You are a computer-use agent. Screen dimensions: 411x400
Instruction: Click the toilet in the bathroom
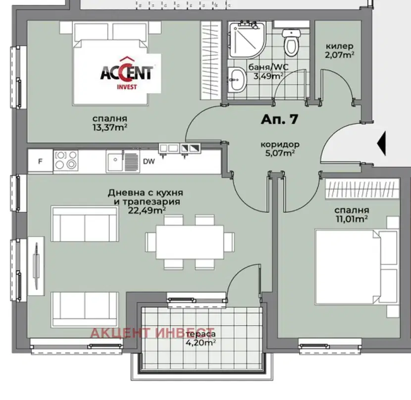tap(291, 43)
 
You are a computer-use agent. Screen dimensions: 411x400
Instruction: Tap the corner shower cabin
tap(247, 40)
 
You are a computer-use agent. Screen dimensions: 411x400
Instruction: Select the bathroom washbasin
tap(237, 80)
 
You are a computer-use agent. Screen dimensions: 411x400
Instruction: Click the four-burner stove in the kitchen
tap(66, 161)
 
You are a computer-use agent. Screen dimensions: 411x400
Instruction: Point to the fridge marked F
tap(41, 161)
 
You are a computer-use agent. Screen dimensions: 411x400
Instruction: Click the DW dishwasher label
tap(149, 161)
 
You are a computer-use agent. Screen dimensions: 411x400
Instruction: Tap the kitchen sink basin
tap(115, 161)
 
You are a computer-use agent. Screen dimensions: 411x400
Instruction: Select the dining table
tap(190, 242)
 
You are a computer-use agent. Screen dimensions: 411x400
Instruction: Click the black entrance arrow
tap(381, 144)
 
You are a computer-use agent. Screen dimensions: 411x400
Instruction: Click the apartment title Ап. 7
tap(279, 119)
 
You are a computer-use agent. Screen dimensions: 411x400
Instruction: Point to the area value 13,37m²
tap(110, 127)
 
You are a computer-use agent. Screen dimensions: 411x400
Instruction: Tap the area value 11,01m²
tap(352, 219)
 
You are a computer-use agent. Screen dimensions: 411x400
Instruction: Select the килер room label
tap(339, 47)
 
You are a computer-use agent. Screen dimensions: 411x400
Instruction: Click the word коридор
tap(280, 145)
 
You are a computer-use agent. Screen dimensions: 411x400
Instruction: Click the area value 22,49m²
tap(147, 210)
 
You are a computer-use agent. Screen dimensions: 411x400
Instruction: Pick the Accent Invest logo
tap(127, 73)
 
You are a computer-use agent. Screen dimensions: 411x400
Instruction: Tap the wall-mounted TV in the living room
tap(36, 266)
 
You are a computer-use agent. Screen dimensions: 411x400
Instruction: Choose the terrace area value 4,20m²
tap(201, 343)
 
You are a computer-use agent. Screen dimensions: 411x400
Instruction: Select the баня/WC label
tap(268, 67)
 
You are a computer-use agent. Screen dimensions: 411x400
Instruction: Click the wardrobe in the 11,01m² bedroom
tap(362, 189)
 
